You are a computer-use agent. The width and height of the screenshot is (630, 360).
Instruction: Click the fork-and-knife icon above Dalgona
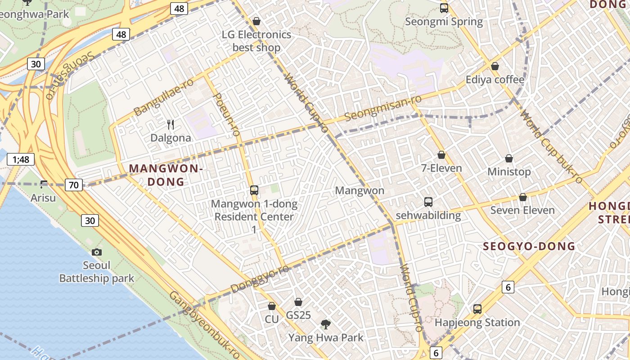point(171,124)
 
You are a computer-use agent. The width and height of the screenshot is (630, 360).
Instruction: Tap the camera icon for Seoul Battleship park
point(97,252)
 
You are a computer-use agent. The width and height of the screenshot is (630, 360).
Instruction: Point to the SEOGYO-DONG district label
point(529,246)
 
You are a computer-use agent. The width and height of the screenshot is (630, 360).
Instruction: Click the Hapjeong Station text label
point(477,323)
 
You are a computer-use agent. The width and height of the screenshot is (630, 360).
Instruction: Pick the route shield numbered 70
point(74,184)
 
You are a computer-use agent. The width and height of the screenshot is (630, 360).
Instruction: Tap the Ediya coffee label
point(495,80)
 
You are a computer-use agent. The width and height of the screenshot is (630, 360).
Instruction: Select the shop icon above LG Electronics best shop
point(256,21)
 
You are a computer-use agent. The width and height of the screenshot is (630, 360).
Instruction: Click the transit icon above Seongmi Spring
point(444,8)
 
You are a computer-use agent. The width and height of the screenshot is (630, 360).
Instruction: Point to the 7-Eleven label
point(441,168)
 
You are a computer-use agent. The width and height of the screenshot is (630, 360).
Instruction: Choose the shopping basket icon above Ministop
point(509,158)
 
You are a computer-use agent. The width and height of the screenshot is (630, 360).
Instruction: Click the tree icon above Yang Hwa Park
point(325,324)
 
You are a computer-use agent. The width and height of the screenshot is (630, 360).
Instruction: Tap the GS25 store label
point(298,315)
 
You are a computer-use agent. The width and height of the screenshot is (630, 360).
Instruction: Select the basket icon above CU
point(272,306)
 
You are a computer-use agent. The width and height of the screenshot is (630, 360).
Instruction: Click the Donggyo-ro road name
point(260,279)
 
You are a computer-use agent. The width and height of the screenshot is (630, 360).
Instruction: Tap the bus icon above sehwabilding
point(428,202)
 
